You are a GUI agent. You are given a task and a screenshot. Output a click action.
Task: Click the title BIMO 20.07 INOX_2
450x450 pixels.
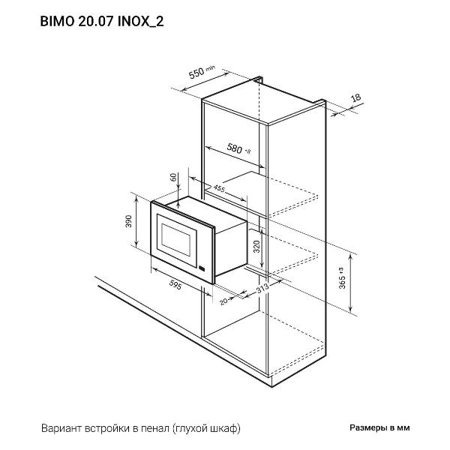point(102,22)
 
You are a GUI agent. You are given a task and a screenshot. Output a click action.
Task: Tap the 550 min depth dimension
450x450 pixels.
point(202,72)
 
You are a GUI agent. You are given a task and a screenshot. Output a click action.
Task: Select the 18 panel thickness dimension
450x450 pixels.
point(355,97)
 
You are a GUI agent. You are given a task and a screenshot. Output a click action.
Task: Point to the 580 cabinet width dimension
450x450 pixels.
point(238,148)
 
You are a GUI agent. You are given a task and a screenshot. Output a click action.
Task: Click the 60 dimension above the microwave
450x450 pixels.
point(173,177)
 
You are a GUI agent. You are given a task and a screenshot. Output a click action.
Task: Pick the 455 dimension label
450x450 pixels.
point(219,188)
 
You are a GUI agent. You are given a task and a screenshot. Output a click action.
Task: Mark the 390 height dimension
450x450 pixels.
point(128,221)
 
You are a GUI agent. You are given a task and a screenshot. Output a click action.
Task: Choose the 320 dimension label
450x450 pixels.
point(256,247)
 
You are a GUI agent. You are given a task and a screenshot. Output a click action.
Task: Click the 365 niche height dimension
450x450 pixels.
point(342,277)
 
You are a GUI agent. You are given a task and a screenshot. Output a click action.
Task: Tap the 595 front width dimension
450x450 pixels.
point(175,285)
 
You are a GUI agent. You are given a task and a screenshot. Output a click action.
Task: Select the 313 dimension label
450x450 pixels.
point(262,288)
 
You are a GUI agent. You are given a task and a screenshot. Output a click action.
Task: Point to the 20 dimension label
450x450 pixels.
point(223,301)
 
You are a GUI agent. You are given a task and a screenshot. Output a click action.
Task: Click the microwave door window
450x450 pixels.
point(176,240)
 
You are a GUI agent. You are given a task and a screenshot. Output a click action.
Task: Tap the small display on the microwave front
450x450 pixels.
point(202,268)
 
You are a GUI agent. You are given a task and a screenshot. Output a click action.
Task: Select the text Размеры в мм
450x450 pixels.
point(379,428)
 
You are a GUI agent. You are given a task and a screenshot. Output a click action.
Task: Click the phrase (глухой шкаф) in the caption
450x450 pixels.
point(207,429)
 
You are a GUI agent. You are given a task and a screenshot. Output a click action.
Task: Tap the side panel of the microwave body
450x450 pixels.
point(231,248)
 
